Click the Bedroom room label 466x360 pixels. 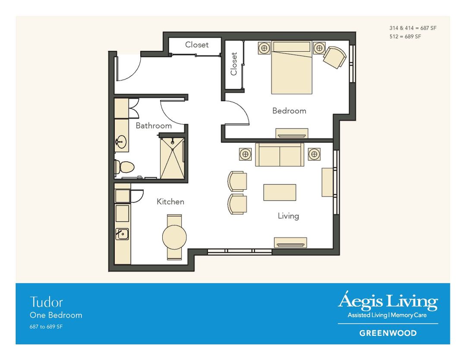[x=289, y=111]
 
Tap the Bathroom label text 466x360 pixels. [x=154, y=126]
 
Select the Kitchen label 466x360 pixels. [x=170, y=202]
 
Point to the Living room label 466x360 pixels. [x=288, y=216]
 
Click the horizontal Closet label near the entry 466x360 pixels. [x=197, y=45]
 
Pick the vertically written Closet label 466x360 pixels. [x=234, y=64]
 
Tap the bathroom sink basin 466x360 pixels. [x=122, y=141]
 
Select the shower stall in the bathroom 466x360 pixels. [x=172, y=158]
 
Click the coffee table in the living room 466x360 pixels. [x=280, y=192]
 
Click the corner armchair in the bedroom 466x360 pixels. [x=334, y=57]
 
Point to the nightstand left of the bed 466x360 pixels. [x=264, y=48]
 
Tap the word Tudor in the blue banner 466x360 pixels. [x=46, y=302]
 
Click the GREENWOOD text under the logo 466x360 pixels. [x=388, y=333]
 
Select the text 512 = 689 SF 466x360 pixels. [x=405, y=37]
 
